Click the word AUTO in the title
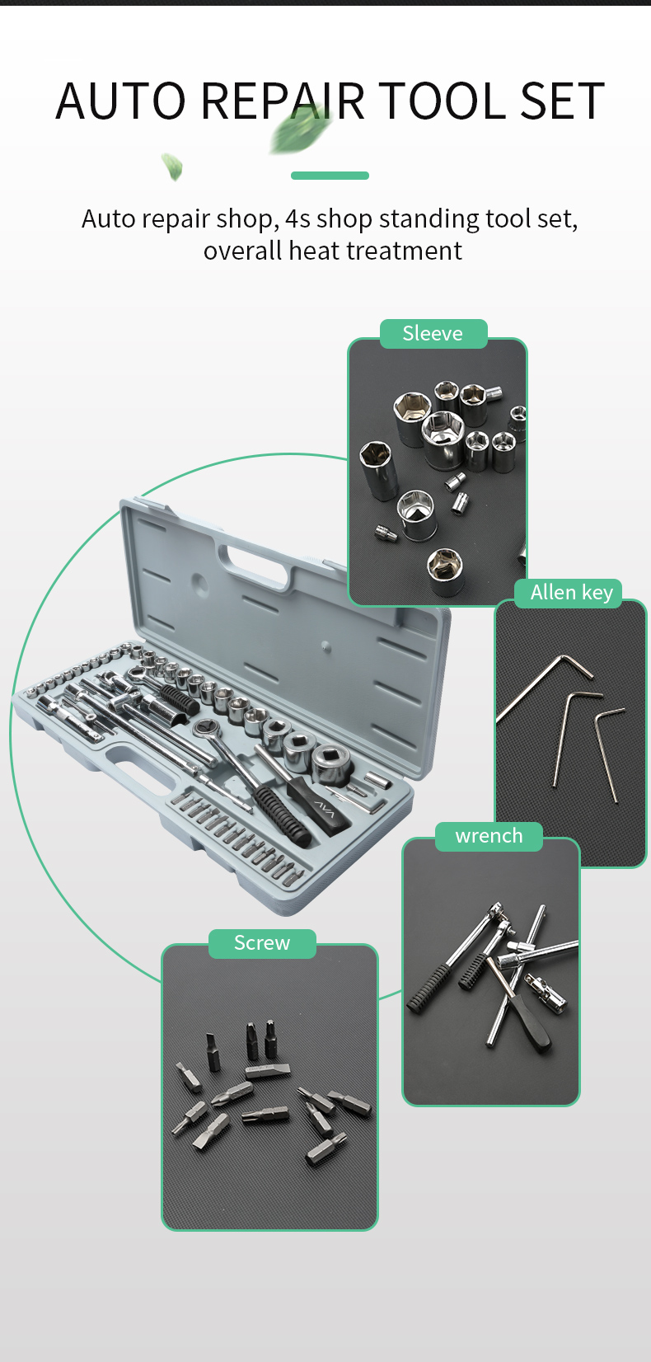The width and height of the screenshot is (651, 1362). point(121,101)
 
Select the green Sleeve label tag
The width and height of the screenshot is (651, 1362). point(433,333)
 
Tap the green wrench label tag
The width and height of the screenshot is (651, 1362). point(489,836)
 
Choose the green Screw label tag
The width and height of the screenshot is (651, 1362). point(262,943)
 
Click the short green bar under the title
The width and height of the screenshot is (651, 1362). point(330,176)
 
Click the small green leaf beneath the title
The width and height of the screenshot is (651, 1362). point(172,167)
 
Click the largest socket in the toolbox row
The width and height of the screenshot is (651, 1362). point(332,763)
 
